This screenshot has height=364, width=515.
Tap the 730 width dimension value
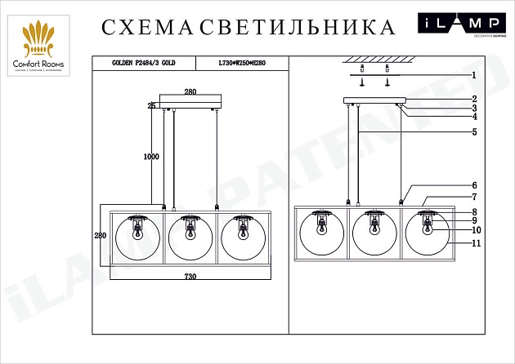190,277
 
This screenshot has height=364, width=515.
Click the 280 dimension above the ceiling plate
190,92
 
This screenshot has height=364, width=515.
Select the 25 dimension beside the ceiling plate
152,105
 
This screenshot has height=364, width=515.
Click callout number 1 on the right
473,74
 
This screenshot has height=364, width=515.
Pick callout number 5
473,131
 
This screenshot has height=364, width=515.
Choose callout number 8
473,212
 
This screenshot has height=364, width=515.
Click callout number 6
473,185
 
